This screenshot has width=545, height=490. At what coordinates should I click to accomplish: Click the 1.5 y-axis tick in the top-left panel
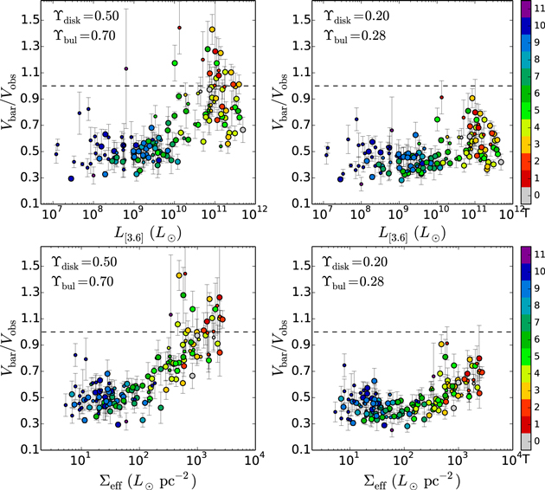pyautogui.click(x=29, y=20)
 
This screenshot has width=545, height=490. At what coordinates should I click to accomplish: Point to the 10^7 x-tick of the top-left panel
pyautogui.click(x=51, y=214)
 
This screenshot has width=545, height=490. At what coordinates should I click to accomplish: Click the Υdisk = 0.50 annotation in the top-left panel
pyautogui.click(x=86, y=16)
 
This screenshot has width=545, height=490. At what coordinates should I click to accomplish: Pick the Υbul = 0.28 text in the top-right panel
pyautogui.click(x=355, y=36)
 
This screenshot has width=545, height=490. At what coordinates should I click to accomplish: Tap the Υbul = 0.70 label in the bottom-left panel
pyautogui.click(x=82, y=282)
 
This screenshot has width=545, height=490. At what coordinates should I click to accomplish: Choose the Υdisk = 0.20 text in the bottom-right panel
pyautogui.click(x=355, y=262)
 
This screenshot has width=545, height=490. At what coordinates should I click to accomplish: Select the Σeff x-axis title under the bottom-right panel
pyautogui.click(x=413, y=481)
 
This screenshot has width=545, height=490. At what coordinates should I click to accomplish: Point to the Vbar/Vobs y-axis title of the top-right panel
pyautogui.click(x=279, y=101)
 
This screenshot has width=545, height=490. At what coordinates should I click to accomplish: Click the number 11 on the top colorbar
pyautogui.click(x=540, y=9)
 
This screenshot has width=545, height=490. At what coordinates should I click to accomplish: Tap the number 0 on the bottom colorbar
pyautogui.click(x=537, y=442)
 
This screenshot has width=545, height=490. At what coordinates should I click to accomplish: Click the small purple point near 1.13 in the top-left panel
pyautogui.click(x=126, y=69)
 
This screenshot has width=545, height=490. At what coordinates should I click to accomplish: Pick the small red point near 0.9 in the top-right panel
pyautogui.click(x=441, y=97)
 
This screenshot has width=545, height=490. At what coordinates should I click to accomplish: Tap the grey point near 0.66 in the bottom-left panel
pyautogui.click(x=192, y=376)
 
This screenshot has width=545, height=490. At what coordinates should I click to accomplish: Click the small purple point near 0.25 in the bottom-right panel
pyautogui.click(x=392, y=430)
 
